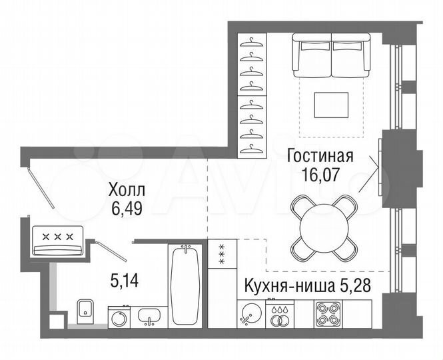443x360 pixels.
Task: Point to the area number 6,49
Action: click(127, 209)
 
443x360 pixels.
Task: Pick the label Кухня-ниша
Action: click(282, 287)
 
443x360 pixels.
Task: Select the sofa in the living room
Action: click(332, 57)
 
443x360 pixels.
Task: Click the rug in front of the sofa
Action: click(332, 104)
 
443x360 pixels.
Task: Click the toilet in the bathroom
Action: click(84, 309)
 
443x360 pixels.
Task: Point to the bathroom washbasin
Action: click(152, 316)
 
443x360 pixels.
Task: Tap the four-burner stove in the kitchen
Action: click(327, 313)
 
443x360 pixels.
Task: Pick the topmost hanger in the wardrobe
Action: click(250, 43)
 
